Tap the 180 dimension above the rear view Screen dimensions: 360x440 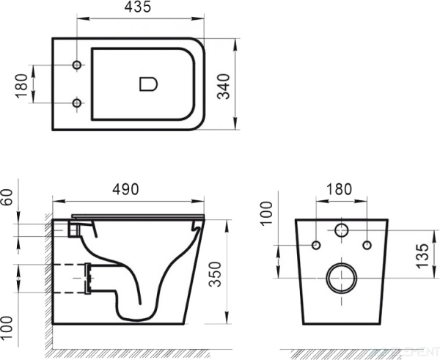342,189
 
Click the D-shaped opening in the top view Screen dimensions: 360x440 147,84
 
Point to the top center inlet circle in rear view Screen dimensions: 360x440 342,231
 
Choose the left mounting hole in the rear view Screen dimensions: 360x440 316,244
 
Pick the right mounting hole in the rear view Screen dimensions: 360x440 367,244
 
